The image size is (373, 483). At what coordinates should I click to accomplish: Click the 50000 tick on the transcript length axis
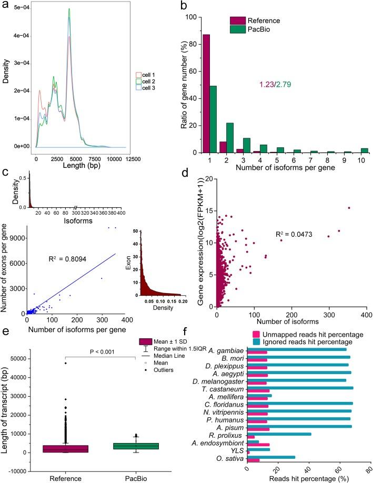click(x=36, y=373)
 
